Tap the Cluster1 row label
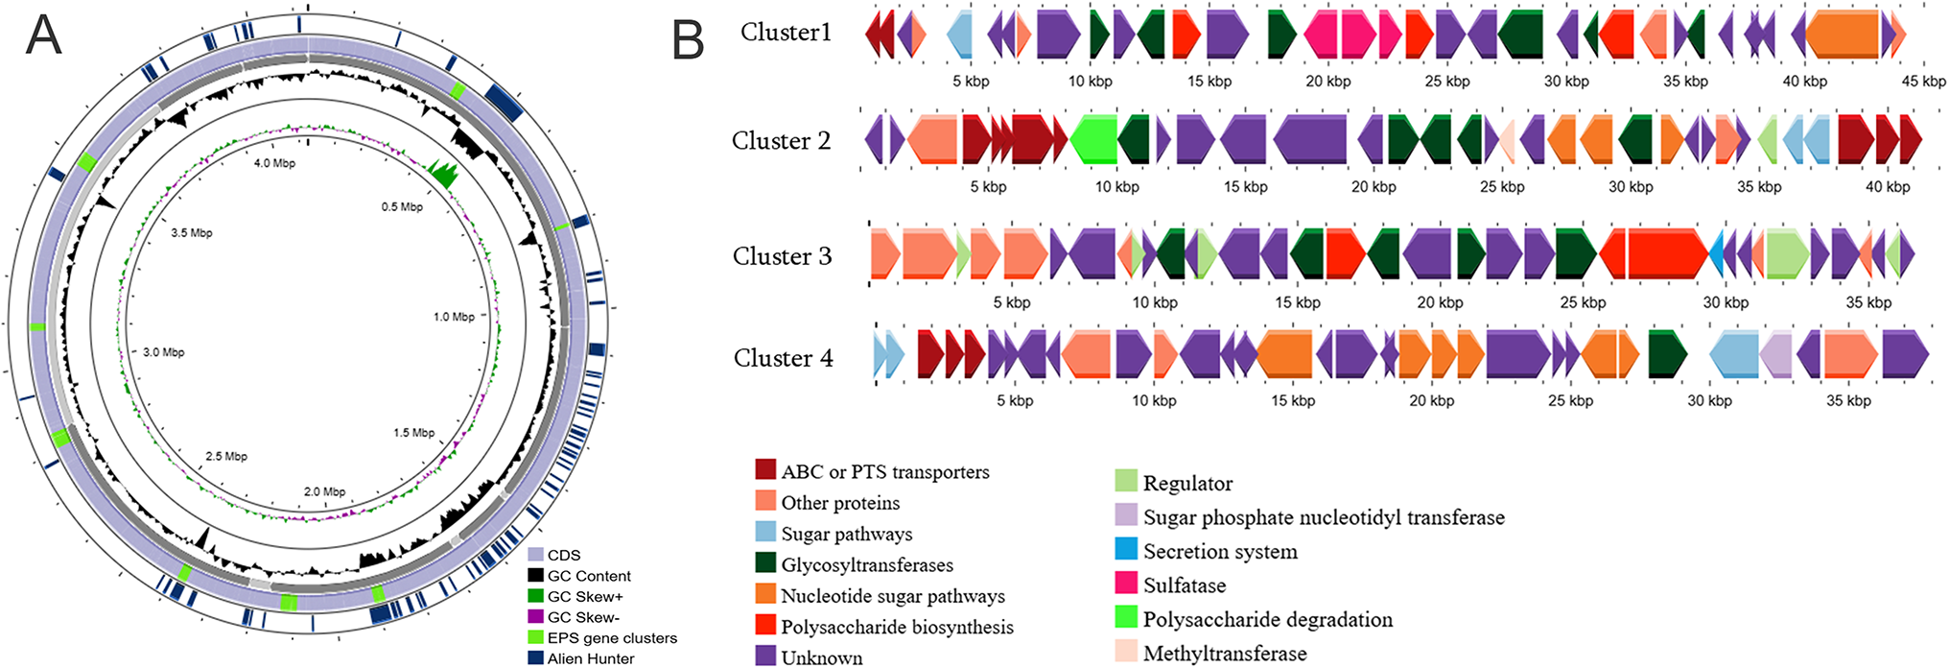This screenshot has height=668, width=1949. tap(786, 33)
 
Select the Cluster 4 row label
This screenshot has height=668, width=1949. tap(783, 358)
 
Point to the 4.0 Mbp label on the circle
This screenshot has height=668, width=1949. tap(274, 163)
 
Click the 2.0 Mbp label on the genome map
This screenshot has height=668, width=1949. tap(324, 491)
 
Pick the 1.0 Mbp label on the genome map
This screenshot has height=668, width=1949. tap(454, 316)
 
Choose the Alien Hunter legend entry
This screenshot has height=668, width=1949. tap(591, 658)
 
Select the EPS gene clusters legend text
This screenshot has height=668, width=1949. tap(612, 637)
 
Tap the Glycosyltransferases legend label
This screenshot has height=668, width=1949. tap(867, 564)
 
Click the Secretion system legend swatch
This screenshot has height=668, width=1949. tap(1126, 549)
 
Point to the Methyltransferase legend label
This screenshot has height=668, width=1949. tap(1225, 654)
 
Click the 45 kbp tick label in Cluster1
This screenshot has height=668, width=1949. tap(1923, 82)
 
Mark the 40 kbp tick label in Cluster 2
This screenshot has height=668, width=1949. tap(1887, 187)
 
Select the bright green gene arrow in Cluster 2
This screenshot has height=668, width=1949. tap(1092, 139)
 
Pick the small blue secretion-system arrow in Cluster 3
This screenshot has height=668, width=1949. tap(1716, 254)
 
